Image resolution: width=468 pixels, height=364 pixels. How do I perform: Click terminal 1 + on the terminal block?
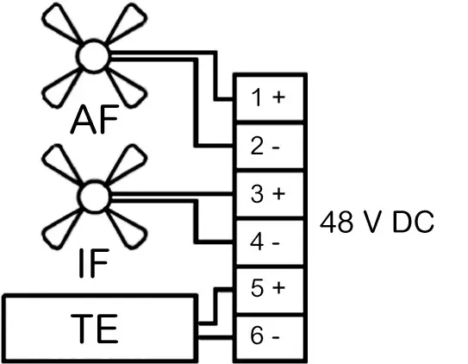(267, 97)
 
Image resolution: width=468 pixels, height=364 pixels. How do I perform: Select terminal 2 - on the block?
(267, 145)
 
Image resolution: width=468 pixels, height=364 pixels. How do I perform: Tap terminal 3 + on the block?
(267, 192)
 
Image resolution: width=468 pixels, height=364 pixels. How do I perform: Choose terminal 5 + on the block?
(267, 287)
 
